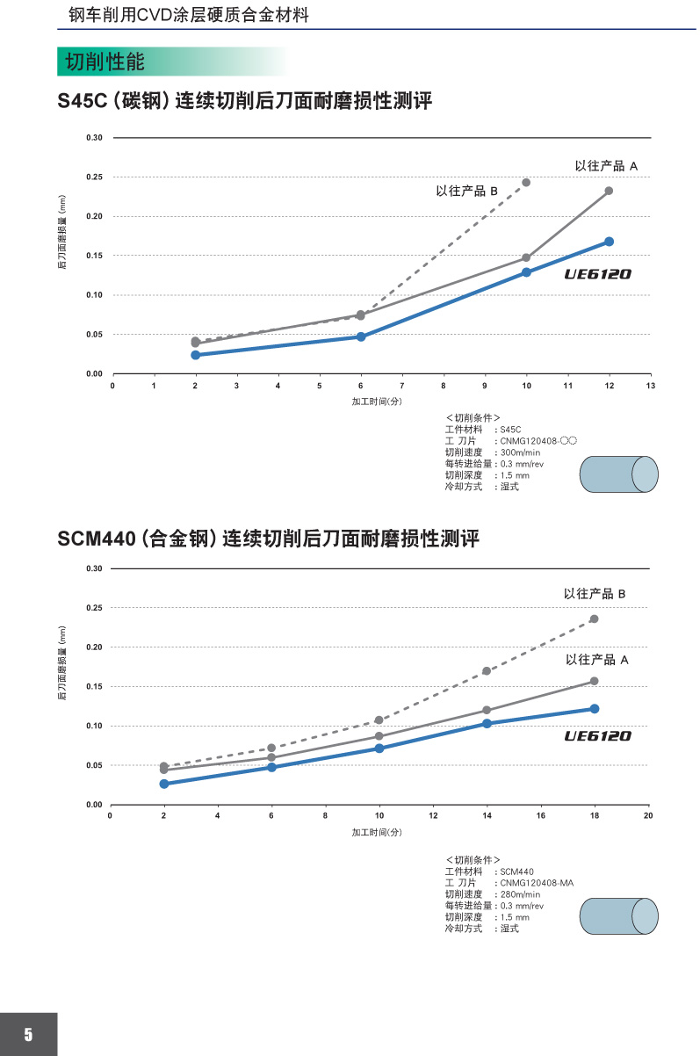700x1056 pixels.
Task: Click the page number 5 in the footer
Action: point(28,1034)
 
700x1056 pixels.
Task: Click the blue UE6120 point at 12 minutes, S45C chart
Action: point(609,242)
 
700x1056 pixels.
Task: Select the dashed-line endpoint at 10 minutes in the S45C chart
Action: point(526,183)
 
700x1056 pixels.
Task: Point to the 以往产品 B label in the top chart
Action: point(467,191)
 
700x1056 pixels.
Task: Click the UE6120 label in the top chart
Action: point(597,274)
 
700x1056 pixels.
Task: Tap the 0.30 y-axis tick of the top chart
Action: point(95,138)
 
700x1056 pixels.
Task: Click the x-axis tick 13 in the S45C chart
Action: point(650,386)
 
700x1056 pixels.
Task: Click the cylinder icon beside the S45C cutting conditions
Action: point(618,474)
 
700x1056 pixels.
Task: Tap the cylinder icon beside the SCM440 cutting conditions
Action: point(618,915)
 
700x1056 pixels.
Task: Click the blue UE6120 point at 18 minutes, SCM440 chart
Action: point(595,708)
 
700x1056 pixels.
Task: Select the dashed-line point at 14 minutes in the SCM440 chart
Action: point(487,671)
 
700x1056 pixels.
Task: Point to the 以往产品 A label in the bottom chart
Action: point(597,659)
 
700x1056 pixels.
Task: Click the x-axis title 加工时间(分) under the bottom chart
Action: point(377,832)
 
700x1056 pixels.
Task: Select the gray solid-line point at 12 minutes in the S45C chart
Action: point(609,191)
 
